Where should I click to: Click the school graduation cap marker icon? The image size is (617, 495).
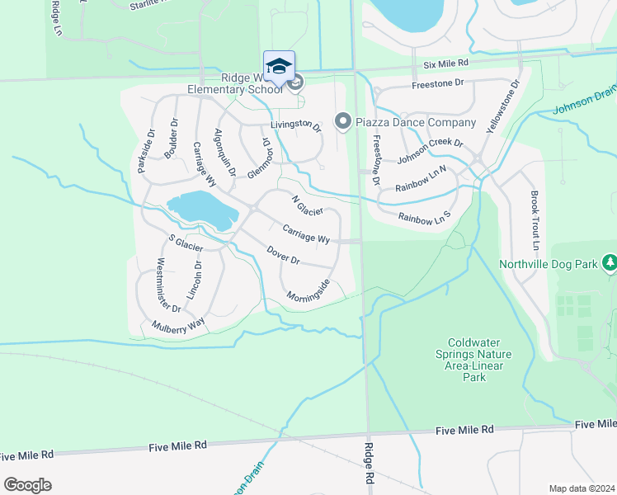279,65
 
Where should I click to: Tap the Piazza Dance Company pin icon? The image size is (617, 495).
343,122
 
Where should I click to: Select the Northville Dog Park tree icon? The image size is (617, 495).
610,263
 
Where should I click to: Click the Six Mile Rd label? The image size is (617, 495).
445,64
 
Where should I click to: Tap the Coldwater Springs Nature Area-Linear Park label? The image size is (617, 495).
479,360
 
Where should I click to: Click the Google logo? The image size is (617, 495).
27,484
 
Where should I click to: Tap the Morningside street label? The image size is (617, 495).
308,290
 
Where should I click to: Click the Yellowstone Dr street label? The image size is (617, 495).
504,106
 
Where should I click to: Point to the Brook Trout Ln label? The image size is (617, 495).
535,222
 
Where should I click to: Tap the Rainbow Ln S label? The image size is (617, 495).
425,217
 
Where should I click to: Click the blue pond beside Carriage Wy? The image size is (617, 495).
201,210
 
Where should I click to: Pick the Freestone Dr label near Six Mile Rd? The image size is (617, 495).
438,83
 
